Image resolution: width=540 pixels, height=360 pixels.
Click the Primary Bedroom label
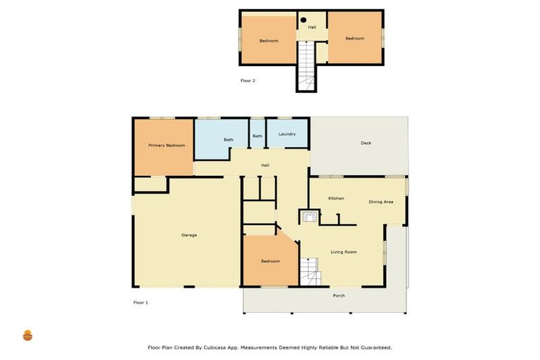tap(167, 146)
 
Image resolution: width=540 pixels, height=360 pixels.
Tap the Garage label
tap(189, 235)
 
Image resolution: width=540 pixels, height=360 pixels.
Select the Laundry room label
tap(287, 134)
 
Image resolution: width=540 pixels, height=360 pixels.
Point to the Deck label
tap(366, 143)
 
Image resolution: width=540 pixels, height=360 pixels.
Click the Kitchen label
tap(336, 198)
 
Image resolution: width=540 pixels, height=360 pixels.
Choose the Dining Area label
tap(380, 202)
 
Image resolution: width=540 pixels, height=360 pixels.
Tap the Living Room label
tap(344, 252)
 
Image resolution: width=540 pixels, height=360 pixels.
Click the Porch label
tap(339, 295)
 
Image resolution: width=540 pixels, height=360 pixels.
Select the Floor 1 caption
tap(141, 302)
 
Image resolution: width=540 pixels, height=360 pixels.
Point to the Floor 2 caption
tap(247, 81)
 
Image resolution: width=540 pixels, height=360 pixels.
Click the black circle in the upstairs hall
tap(304, 20)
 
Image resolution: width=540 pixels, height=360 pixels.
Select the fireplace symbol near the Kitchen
tap(309, 217)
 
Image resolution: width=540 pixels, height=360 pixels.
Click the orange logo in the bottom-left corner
tap(27, 335)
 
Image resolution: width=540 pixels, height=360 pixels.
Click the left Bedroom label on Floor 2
tap(269, 41)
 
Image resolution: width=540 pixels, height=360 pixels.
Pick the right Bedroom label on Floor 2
tap(354, 38)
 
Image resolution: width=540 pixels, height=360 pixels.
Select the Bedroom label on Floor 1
tap(270, 261)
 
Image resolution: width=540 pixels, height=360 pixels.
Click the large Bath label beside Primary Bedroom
tap(229, 140)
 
